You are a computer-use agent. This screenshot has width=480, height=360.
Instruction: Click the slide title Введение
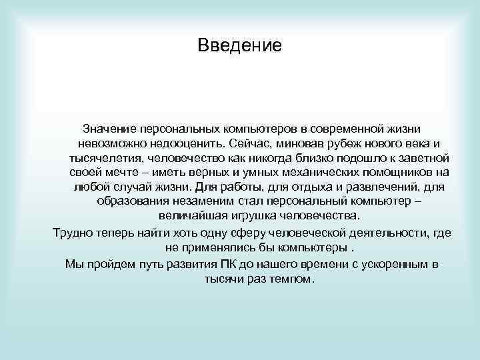pyautogui.click(x=240, y=45)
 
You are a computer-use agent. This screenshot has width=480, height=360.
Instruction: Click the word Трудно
pyautogui.click(x=69, y=232)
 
